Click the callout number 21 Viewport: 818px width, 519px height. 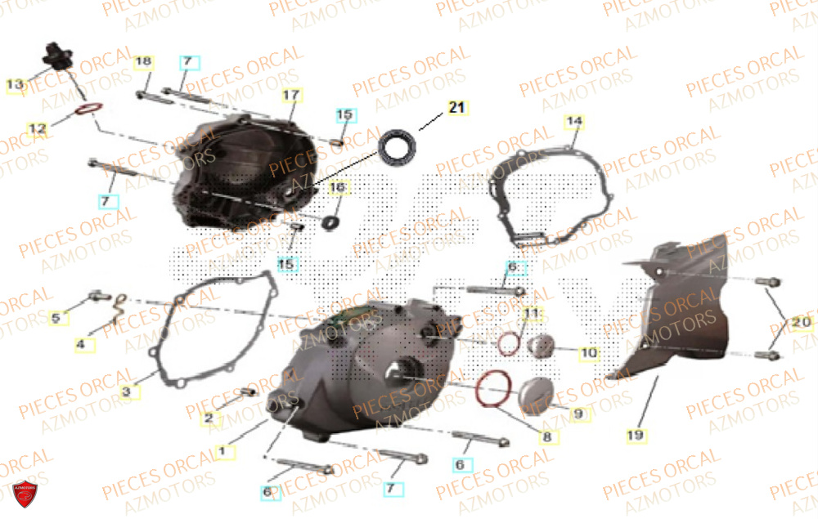click(456, 107)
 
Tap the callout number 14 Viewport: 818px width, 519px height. click(573, 123)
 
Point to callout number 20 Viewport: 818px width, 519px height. click(802, 323)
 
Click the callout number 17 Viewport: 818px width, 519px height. click(292, 95)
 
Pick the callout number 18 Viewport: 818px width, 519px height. click(143, 62)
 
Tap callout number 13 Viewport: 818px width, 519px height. click(15, 84)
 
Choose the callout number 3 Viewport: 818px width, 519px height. click(126, 392)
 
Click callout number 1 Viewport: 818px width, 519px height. click(220, 450)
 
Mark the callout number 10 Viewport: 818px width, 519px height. click(588, 354)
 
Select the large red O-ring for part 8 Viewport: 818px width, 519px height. click(493, 387)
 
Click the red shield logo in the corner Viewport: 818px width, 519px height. click(25, 494)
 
